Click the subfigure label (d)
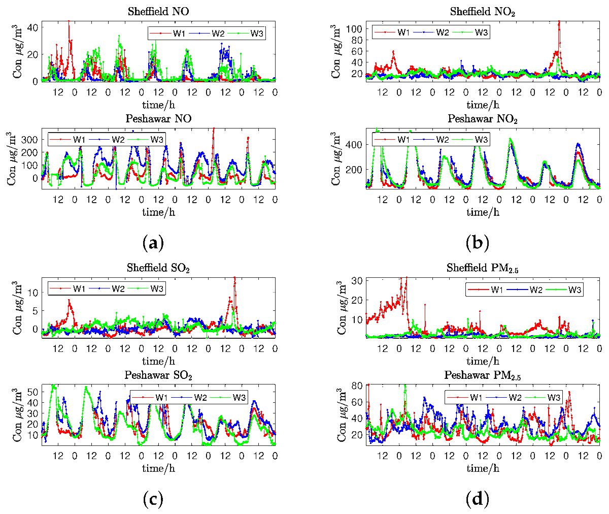[x=478, y=500]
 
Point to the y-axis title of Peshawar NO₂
[x=336, y=157]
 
